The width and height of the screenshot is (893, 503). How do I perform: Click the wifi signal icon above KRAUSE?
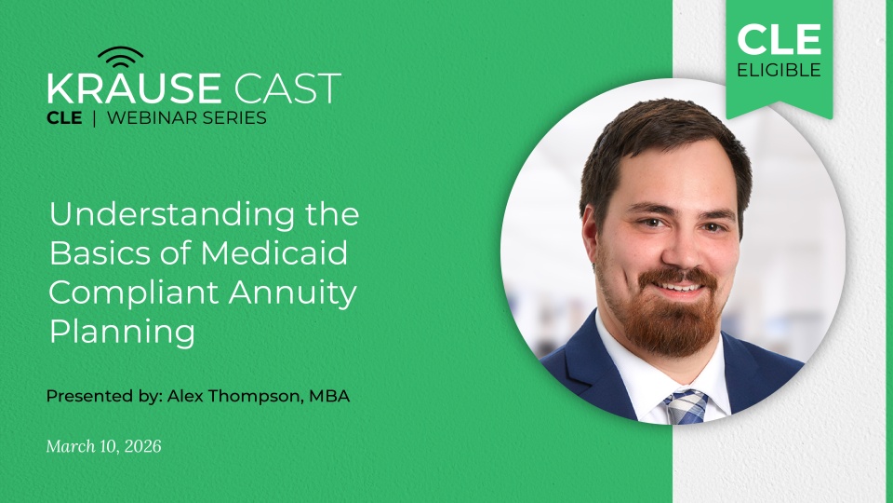pos(121,58)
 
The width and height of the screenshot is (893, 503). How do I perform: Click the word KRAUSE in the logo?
pos(134,88)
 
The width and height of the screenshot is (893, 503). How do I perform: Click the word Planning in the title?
pos(122,332)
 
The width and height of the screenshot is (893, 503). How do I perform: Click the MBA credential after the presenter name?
pos(330,396)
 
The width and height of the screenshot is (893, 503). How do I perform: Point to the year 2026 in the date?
pos(140,447)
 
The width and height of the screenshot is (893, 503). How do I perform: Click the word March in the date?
pos(68,447)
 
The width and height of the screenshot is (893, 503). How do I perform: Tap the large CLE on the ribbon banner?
pos(779,40)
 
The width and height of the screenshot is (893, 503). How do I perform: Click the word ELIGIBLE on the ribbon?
pos(779,71)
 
